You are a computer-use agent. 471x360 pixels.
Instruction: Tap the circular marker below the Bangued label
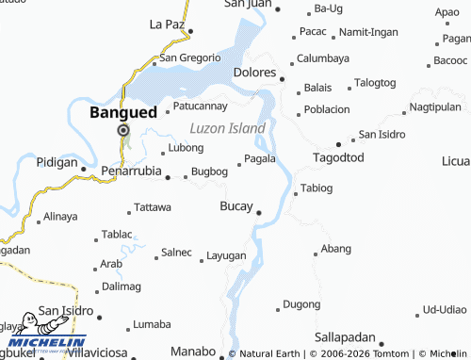point(122,130)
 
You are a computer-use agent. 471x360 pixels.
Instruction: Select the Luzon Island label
point(227,127)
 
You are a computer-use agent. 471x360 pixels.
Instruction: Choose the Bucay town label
point(235,205)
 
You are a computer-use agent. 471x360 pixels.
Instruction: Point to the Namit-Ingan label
point(369,32)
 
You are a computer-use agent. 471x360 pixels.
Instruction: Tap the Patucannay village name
point(201,106)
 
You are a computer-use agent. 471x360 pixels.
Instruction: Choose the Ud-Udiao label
point(445,309)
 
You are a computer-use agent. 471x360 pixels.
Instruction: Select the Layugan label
point(226,255)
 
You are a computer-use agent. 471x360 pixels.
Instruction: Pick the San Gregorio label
point(190,57)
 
